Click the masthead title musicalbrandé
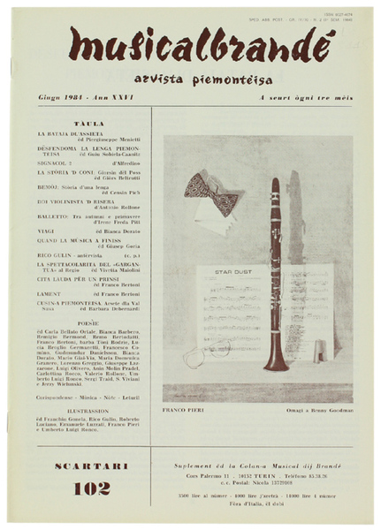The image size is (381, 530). [x=190, y=46]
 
